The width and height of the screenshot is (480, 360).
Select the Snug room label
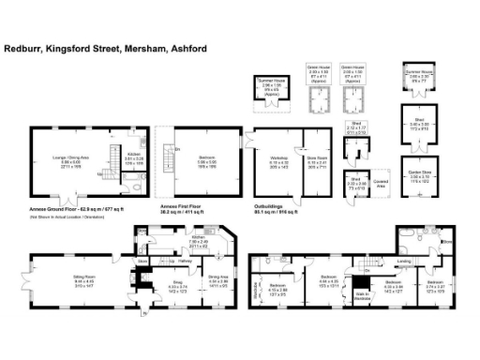coord(176,282)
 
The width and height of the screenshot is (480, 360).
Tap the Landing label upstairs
coord(404,262)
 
